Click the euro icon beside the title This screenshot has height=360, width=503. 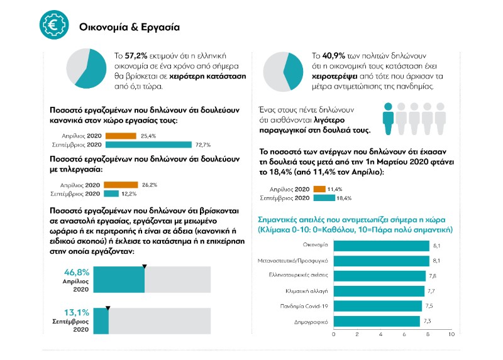pyautogui.click(x=52, y=24)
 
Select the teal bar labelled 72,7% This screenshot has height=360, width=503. pyautogui.click(x=148, y=145)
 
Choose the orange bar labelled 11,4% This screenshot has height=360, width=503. pyautogui.click(x=319, y=189)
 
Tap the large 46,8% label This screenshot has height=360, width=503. pyautogui.click(x=77, y=273)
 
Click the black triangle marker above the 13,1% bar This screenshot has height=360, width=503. pyautogui.click(x=108, y=308)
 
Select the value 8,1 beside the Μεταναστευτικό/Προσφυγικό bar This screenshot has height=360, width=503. pyautogui.click(x=436, y=261)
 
